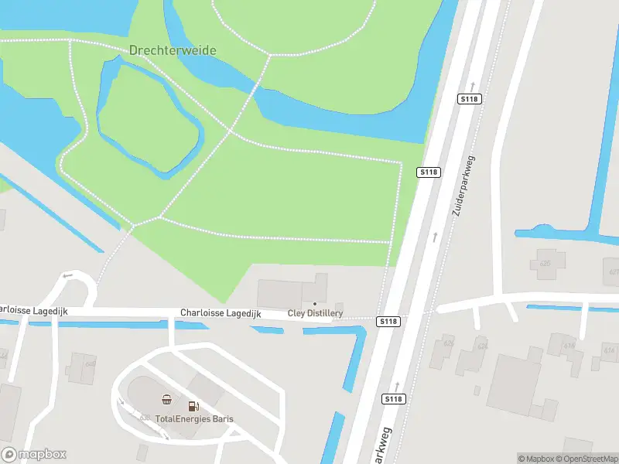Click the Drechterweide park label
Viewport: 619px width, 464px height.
click(x=172, y=50)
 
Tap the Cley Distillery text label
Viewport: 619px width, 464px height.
click(x=315, y=313)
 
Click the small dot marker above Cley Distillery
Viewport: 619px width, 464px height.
click(x=314, y=303)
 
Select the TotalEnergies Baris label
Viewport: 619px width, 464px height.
click(x=194, y=419)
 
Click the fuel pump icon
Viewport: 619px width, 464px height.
click(x=193, y=405)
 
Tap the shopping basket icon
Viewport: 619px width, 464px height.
click(x=166, y=400)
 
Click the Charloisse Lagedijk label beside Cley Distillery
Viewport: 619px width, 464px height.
click(x=221, y=313)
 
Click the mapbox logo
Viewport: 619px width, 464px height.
click(x=34, y=455)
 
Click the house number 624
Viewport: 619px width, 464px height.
click(x=483, y=346)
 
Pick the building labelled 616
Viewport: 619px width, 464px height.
click(x=569, y=346)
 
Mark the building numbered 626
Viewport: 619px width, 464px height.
click(x=448, y=343)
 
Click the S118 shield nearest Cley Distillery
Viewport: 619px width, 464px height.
click(x=388, y=321)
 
